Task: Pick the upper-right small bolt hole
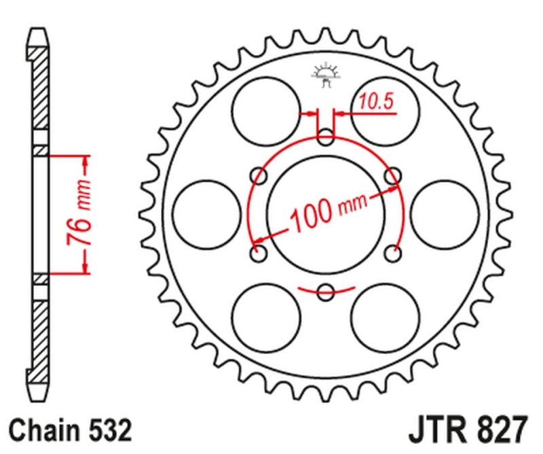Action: point(393,177)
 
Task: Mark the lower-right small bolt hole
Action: point(393,254)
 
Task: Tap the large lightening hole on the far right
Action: point(445,215)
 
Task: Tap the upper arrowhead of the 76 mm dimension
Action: point(86,162)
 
